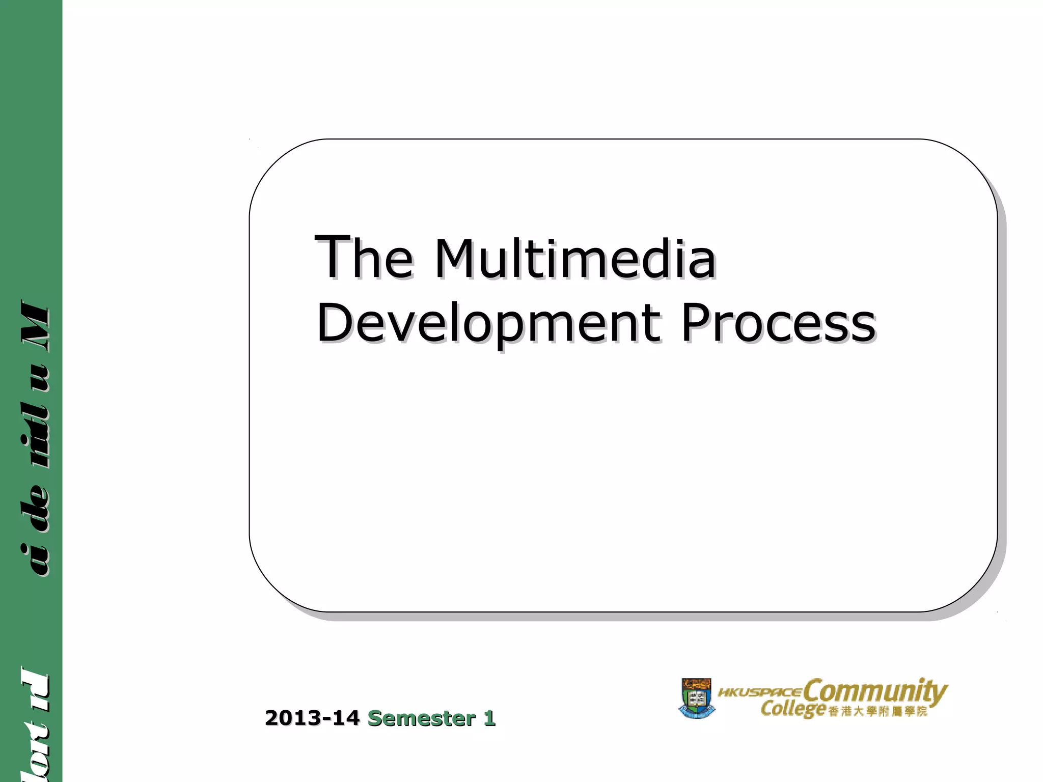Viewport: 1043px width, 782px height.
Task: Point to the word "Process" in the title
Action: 778,323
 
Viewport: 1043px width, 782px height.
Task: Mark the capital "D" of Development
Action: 333,322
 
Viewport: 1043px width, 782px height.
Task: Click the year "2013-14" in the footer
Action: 312,718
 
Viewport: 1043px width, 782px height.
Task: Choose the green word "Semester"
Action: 421,718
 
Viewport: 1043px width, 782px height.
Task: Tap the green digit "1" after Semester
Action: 489,718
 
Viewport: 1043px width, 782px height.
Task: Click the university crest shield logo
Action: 696,698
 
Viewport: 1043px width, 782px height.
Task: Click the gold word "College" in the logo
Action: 792,708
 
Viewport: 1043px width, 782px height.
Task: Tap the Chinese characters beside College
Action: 877,711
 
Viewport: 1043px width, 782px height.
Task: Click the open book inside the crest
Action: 696,699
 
